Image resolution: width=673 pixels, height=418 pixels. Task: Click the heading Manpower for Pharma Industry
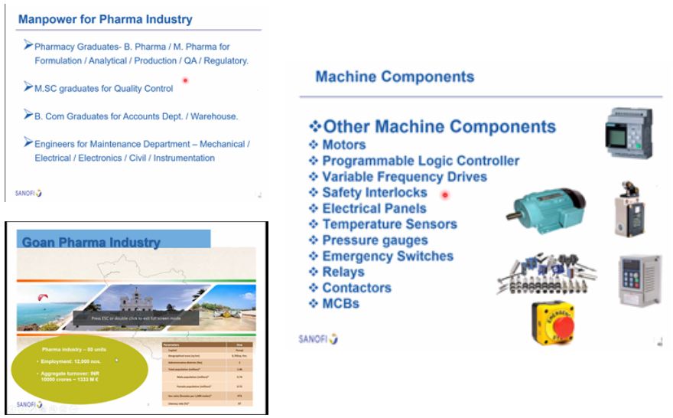(105, 19)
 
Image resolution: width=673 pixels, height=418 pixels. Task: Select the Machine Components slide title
(395, 77)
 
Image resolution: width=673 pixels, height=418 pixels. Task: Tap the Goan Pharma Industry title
(91, 243)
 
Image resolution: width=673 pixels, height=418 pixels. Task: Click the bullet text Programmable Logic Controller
(421, 161)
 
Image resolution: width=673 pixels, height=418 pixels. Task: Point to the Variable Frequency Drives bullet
(405, 177)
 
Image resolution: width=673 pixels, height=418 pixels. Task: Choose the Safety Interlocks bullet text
(374, 192)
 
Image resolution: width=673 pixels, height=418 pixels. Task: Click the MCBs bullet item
(340, 303)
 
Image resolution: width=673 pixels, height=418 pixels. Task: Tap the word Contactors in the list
(356, 288)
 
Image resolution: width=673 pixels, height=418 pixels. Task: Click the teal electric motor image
(544, 209)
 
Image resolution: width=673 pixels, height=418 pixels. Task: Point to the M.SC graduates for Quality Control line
(104, 89)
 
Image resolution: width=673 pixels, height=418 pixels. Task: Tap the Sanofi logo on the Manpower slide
(28, 193)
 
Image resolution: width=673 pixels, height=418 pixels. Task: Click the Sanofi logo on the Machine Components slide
(317, 339)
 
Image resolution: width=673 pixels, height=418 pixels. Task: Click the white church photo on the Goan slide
(131, 300)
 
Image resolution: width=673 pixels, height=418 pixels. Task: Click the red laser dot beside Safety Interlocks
(445, 195)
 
